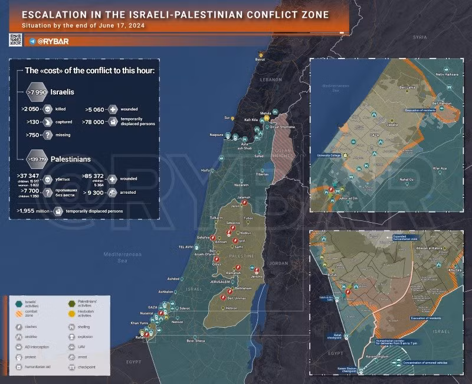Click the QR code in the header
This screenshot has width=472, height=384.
pyautogui.click(x=15, y=40)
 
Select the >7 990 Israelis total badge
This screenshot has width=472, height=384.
pyautogui.click(x=37, y=92)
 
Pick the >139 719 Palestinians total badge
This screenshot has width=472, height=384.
pyautogui.click(x=38, y=160)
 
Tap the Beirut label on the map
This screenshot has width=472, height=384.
pyautogui.click(x=260, y=60)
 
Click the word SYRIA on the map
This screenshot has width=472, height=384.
pyautogui.click(x=419, y=37)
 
